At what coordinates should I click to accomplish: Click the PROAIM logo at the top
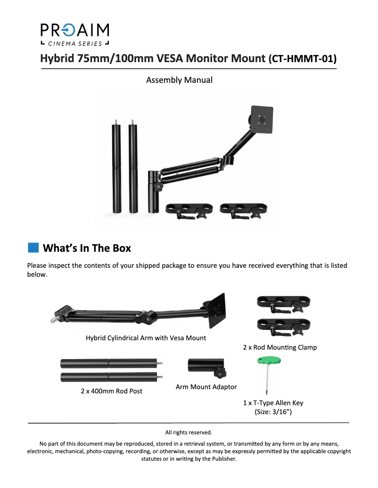click(75, 34)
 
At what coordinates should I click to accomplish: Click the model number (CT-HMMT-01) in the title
click(302, 58)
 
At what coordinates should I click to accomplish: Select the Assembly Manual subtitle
click(179, 80)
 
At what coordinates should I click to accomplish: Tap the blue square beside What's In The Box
click(33, 248)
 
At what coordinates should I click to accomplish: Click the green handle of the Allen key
click(269, 360)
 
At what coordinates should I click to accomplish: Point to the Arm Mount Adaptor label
click(206, 387)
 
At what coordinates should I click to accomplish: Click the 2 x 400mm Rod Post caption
click(112, 391)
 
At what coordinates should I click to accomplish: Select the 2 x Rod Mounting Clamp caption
click(280, 347)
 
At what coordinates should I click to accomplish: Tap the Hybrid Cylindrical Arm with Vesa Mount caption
click(146, 338)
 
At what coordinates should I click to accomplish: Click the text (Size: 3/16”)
click(273, 412)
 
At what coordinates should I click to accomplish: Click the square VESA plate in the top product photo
click(262, 119)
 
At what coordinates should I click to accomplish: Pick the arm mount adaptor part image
click(206, 368)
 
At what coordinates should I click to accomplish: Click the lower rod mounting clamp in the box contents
click(284, 327)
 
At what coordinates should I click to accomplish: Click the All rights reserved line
click(189, 432)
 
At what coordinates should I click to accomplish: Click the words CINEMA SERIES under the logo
click(75, 44)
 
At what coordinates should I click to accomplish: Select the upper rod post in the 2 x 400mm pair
click(111, 363)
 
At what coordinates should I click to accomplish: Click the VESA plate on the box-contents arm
click(216, 310)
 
